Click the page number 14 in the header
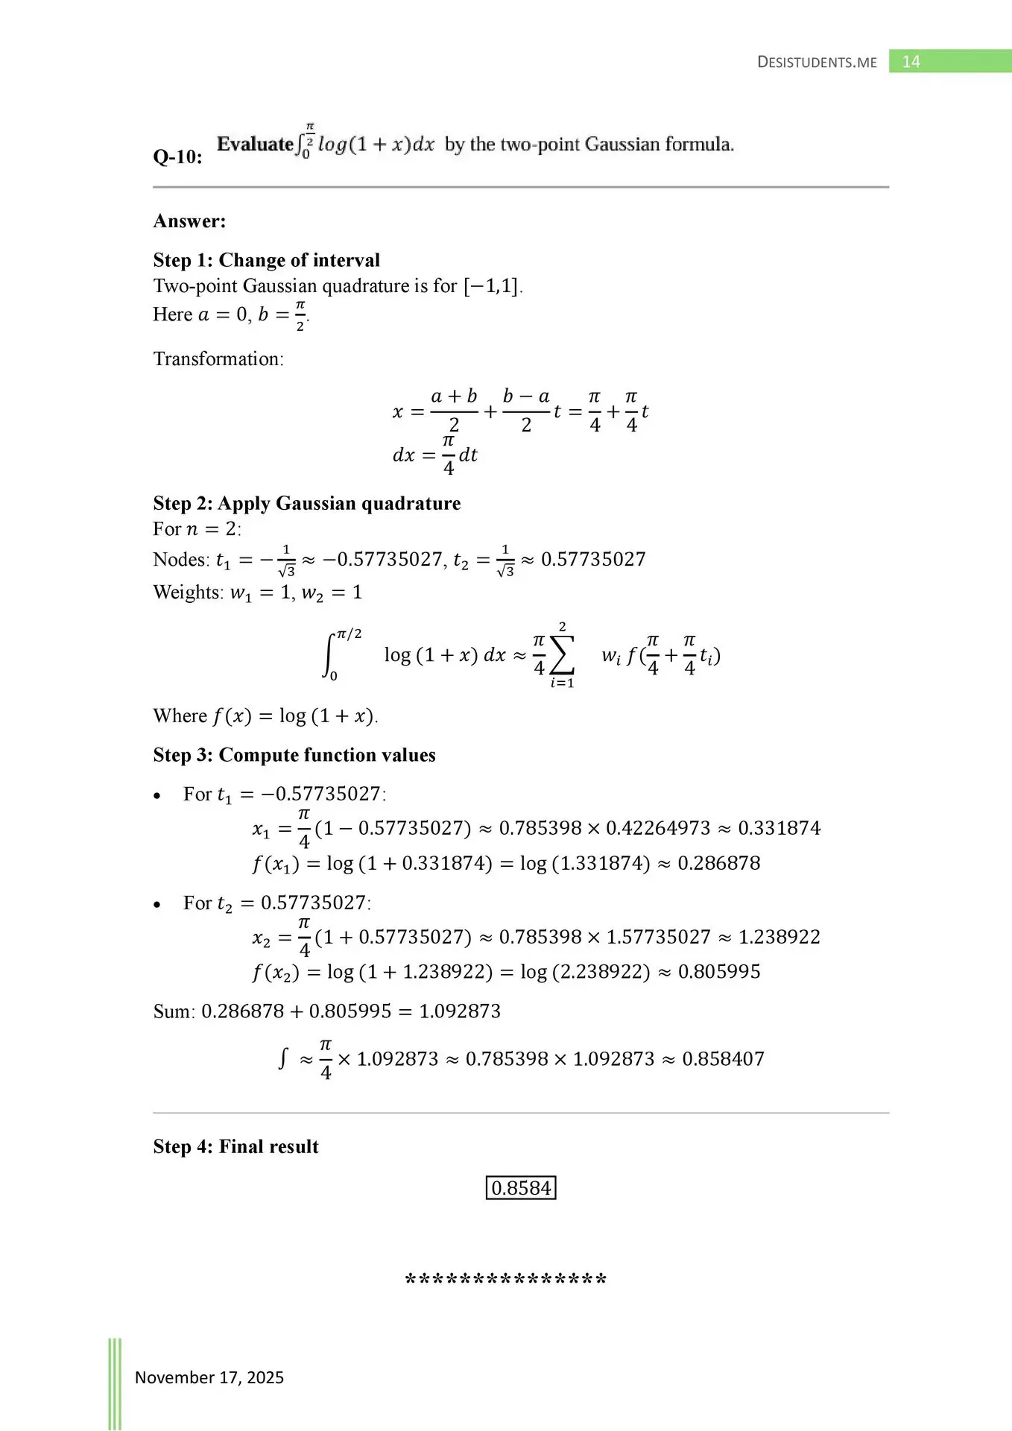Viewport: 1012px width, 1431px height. (x=911, y=62)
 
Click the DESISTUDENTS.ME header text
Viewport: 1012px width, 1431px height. (x=817, y=63)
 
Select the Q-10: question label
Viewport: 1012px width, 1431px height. (x=177, y=157)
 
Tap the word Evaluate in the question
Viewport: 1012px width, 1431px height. (x=255, y=144)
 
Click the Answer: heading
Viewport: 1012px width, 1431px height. (x=189, y=221)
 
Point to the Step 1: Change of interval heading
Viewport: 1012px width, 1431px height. (x=266, y=260)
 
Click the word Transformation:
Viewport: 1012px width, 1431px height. (x=218, y=359)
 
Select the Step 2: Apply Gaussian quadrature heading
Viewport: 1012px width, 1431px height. (x=306, y=504)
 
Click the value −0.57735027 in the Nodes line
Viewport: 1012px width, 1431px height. (x=382, y=560)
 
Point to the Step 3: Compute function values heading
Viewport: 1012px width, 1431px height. (x=294, y=755)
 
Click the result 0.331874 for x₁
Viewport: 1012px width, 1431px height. (x=779, y=828)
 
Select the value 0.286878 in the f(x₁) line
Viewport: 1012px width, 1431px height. (x=719, y=863)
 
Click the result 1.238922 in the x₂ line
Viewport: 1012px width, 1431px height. (x=779, y=937)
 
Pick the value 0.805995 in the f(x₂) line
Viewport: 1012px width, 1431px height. (x=719, y=972)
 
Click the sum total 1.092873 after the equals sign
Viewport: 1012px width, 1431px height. (x=460, y=1011)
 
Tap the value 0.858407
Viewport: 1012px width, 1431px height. (x=723, y=1059)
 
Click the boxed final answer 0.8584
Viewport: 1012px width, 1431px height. (x=521, y=1188)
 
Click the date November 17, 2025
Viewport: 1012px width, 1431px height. (x=209, y=1377)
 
